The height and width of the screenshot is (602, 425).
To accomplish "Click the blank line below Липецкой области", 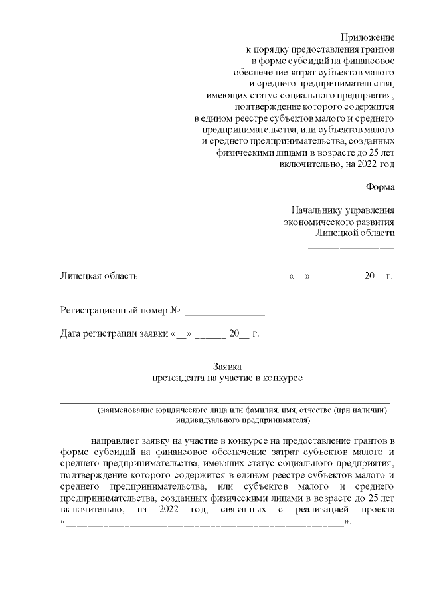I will click(351, 248).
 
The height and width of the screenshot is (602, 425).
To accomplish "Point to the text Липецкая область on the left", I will click(99, 276).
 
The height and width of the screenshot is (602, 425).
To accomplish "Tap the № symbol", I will click(176, 310).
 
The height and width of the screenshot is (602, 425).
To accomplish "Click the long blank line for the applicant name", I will click(226, 402).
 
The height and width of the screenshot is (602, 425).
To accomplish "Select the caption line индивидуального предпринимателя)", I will click(244, 421).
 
